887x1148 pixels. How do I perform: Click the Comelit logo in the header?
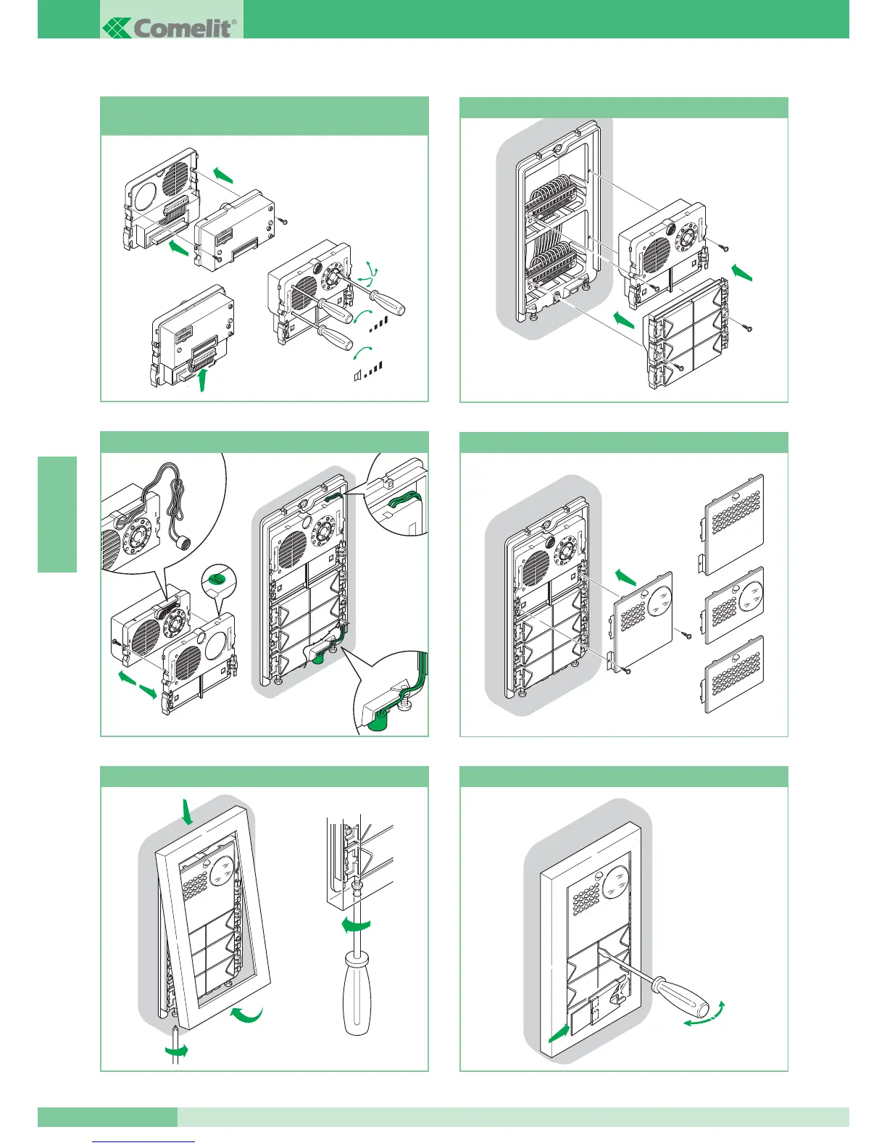click(172, 28)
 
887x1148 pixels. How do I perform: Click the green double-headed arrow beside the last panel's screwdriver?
click(704, 1013)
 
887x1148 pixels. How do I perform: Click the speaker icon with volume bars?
click(358, 375)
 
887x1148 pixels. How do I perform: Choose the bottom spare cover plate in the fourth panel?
click(734, 675)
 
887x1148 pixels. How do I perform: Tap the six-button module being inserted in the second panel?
click(686, 335)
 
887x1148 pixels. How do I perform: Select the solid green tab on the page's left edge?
click(57, 514)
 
